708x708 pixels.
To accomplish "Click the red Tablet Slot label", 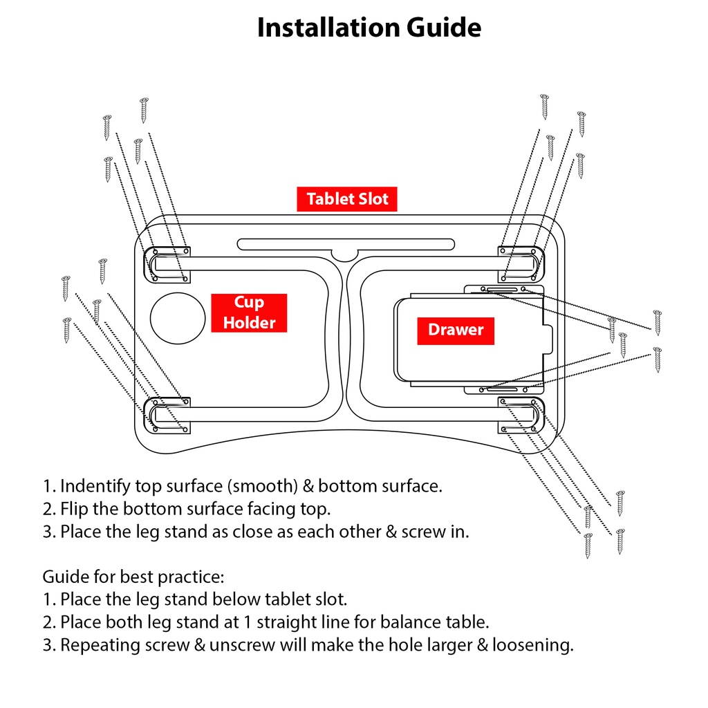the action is (347, 198).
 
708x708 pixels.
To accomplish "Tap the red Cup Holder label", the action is (249, 313).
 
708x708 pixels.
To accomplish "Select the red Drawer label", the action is (456, 330).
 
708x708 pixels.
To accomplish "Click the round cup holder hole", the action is (178, 318).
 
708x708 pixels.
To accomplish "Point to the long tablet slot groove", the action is (346, 244).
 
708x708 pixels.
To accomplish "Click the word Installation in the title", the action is (328, 28).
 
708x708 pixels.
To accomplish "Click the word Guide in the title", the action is (444, 28).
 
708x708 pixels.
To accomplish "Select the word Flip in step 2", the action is (74, 510).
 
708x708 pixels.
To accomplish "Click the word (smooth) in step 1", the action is (262, 486).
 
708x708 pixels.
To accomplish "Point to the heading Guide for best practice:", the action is (133, 577).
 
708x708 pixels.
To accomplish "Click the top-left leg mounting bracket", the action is (167, 265).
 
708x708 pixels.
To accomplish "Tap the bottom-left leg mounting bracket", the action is (167, 416).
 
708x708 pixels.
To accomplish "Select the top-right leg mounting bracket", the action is (521, 264).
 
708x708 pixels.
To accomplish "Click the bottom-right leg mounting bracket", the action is (521, 415).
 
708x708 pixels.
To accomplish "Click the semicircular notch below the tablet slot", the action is (344, 256).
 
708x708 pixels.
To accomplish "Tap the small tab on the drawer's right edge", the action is (548, 339).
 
